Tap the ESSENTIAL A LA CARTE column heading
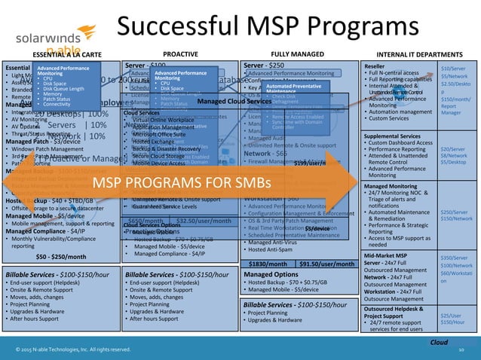[58, 54]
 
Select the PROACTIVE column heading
[180, 54]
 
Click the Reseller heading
[357, 67]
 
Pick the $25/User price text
[452, 316]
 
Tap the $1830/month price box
[265, 264]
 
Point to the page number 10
[461, 350]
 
